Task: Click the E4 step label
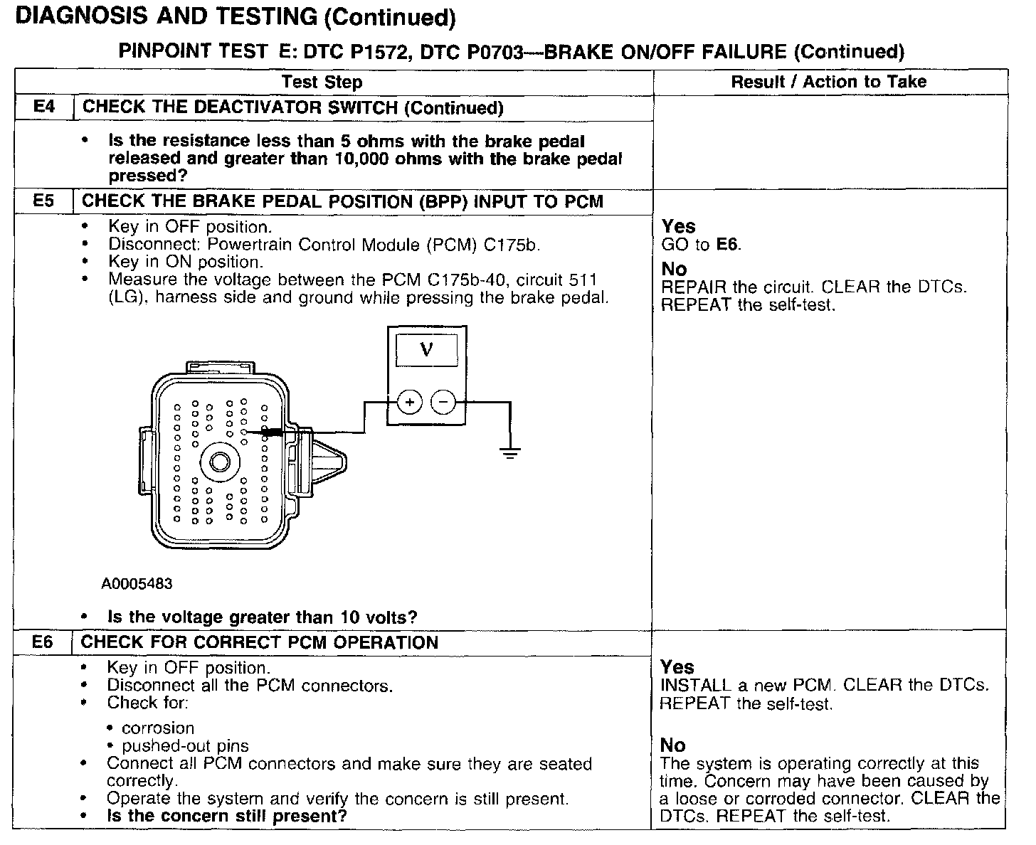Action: point(44,108)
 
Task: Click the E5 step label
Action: point(44,201)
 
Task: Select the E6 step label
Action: point(43,643)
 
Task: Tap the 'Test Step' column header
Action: point(322,83)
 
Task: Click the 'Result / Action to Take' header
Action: point(829,82)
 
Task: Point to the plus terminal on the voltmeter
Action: point(409,403)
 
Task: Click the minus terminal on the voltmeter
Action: point(443,403)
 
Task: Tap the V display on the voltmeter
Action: point(427,349)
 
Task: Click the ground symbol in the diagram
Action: point(510,452)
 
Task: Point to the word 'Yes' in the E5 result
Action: point(678,227)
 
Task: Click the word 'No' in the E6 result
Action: point(672,745)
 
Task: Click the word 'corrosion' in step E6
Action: point(158,728)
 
